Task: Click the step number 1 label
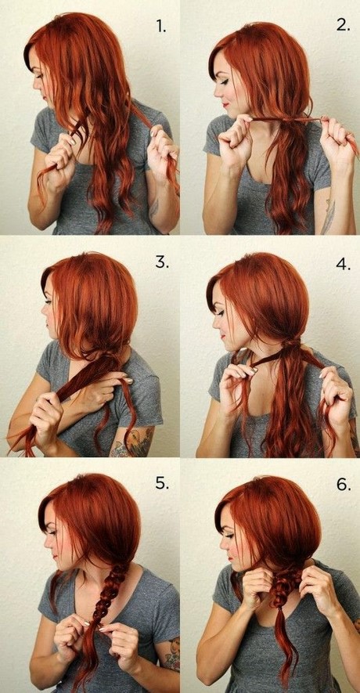click(x=160, y=27)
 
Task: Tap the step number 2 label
click(x=344, y=25)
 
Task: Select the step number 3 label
click(x=161, y=262)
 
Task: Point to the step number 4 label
click(x=344, y=264)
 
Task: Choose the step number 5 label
click(x=162, y=483)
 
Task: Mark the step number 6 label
click(x=344, y=484)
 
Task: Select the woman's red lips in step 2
click(x=226, y=105)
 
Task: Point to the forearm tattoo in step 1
click(x=153, y=208)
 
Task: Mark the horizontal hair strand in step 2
click(x=286, y=119)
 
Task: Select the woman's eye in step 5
click(x=51, y=532)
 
